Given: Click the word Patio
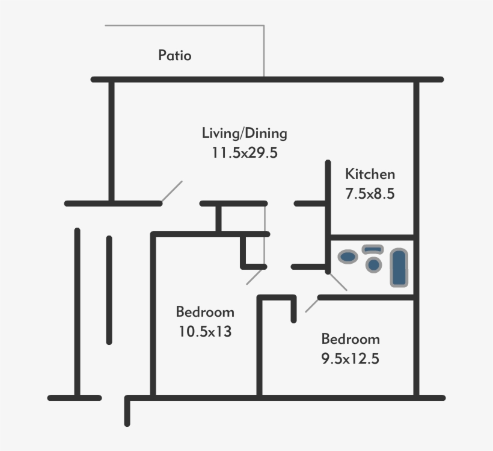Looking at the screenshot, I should point(175,55).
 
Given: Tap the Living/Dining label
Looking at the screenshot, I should point(244,133).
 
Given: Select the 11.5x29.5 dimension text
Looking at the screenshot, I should point(244,152).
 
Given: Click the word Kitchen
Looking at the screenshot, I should point(370,175).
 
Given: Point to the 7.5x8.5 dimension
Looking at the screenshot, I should point(370,194).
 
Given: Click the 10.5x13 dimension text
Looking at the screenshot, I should point(205,331).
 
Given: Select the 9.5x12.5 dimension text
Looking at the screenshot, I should point(351,358).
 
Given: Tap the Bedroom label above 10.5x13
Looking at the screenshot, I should point(205,312).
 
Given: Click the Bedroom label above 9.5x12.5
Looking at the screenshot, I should point(351,338).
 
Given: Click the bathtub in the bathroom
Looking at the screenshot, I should point(399,268).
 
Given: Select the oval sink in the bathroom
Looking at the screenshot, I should point(348,257).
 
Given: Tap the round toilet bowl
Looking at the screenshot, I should point(373,264).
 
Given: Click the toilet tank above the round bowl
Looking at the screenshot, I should point(373,249).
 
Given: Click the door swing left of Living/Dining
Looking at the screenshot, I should point(172,191).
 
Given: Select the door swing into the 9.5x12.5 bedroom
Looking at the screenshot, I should point(311,305).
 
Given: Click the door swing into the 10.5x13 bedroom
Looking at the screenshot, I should point(256,276).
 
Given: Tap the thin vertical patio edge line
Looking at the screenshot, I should point(264,51).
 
